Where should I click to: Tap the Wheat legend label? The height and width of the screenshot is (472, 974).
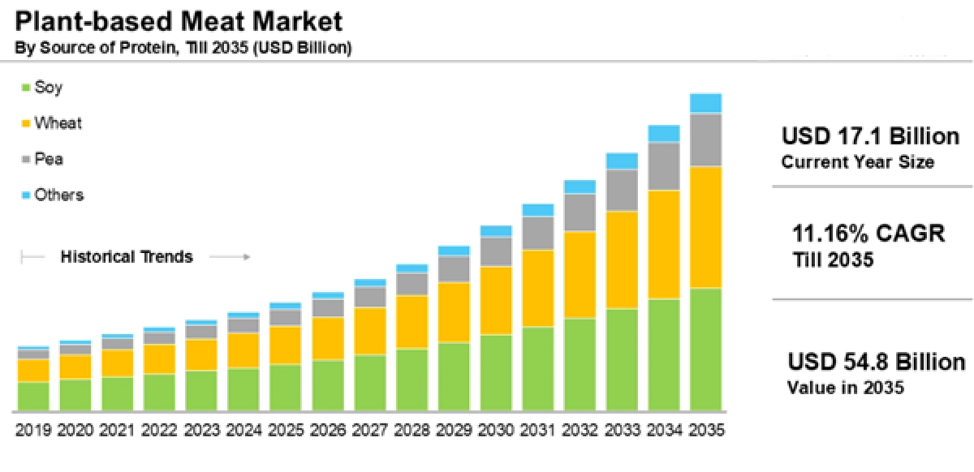58,123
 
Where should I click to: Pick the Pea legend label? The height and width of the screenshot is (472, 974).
49,159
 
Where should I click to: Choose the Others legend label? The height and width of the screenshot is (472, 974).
58,195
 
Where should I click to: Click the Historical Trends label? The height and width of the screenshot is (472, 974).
127,257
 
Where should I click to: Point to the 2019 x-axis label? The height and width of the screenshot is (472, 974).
33,428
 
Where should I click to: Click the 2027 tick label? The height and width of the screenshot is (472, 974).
369,428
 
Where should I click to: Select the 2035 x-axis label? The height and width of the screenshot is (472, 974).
705,428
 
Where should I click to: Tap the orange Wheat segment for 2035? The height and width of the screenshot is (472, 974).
705,227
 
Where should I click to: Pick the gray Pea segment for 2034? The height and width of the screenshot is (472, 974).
664,166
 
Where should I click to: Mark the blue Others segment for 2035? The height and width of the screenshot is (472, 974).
705,103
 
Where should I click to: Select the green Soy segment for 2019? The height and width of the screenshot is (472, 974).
33,395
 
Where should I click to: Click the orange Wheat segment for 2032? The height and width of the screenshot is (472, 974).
580,274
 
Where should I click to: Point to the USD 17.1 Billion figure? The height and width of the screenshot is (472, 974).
870,135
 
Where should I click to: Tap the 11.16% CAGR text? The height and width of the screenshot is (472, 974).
868,234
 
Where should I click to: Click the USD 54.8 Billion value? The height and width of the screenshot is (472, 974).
877,362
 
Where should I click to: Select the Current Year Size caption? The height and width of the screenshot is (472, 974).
857,162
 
